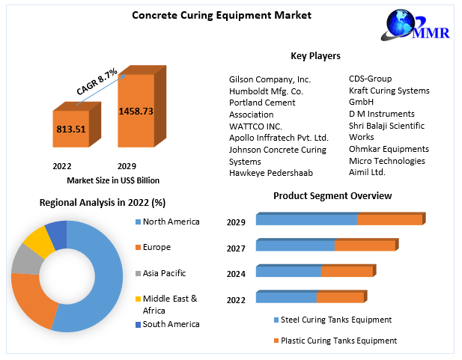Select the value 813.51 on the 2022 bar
pos(70,129)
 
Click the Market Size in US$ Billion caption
pos(113,180)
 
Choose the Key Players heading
pos(315,56)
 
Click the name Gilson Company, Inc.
pos(270,79)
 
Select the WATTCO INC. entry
pos(255,126)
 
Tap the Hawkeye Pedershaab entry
pos(270,173)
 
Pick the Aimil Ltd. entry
pos(368,173)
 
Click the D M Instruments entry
pos(382,115)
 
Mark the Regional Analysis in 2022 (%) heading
pos(103,203)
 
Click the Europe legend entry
pos(156,247)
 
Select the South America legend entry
pos(171,324)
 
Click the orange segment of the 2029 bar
pos(389,220)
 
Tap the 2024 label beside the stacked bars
pos(237,273)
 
